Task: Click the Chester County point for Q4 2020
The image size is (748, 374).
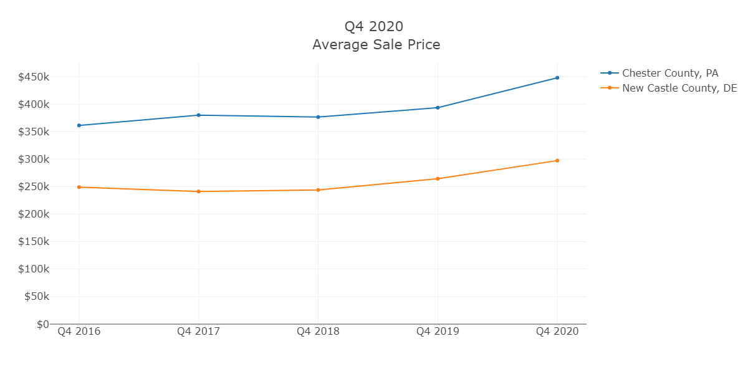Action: pyautogui.click(x=557, y=78)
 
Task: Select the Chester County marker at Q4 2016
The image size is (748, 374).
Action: pyautogui.click(x=79, y=125)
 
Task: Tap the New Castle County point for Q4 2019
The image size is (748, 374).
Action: pyautogui.click(x=438, y=179)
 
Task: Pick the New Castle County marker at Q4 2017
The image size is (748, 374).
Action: pyautogui.click(x=199, y=191)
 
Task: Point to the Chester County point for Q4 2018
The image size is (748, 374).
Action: pyautogui.click(x=318, y=117)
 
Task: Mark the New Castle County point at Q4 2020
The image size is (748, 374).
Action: pyautogui.click(x=557, y=161)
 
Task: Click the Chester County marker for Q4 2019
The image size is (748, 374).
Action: pyautogui.click(x=438, y=108)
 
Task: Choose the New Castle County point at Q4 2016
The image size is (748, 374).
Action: pyautogui.click(x=79, y=187)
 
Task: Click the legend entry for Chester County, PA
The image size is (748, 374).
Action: pyautogui.click(x=670, y=73)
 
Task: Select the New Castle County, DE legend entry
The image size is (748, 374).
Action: pyautogui.click(x=679, y=88)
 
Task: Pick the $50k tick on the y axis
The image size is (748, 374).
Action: pyautogui.click(x=36, y=297)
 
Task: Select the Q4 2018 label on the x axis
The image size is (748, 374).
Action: pyautogui.click(x=318, y=332)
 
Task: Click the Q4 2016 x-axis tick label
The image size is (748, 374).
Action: pyautogui.click(x=79, y=332)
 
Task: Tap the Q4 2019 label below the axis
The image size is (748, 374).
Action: pyautogui.click(x=438, y=332)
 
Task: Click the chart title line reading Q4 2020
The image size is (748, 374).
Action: pyautogui.click(x=374, y=27)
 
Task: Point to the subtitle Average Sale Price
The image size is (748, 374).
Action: pyautogui.click(x=376, y=45)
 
